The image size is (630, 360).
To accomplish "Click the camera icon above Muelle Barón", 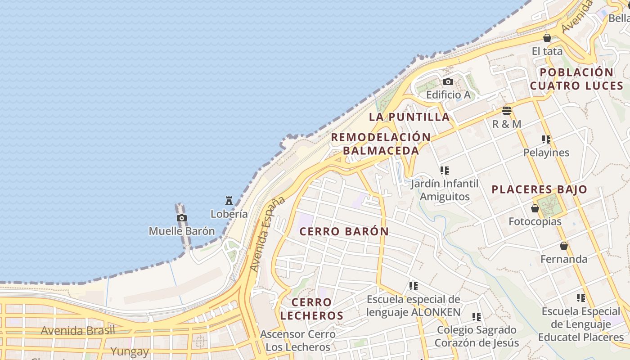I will coord(182,218).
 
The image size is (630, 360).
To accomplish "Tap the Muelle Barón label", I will coord(182,231).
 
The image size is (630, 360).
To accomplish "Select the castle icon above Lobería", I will coord(229,201).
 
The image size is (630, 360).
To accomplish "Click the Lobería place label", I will coord(229,214).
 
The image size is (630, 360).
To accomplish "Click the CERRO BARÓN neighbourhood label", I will coord(344,232).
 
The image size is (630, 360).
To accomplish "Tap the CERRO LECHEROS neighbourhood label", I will coord(312,309).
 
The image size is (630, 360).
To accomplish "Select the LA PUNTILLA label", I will coord(409,117).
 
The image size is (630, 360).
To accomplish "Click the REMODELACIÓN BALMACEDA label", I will coord(381,144).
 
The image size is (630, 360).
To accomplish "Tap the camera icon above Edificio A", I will coord(448,81).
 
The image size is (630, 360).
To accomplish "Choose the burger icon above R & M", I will coord(507,110).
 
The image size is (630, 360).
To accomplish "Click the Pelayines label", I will coord(546,153).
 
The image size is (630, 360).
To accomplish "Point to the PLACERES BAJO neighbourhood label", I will coord(539,189).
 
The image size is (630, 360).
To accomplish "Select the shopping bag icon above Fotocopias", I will coord(535,208).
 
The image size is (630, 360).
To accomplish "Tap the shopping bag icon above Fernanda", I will coord(564,246).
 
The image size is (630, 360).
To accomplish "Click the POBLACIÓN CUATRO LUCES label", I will coord(576,79).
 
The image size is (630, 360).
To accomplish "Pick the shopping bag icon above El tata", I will coord(547,38).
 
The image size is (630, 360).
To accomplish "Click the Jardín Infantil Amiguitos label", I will coord(445,190).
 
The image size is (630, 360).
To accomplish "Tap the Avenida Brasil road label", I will coord(78,331).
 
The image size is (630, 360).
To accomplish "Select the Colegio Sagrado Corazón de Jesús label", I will coord(477,336).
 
